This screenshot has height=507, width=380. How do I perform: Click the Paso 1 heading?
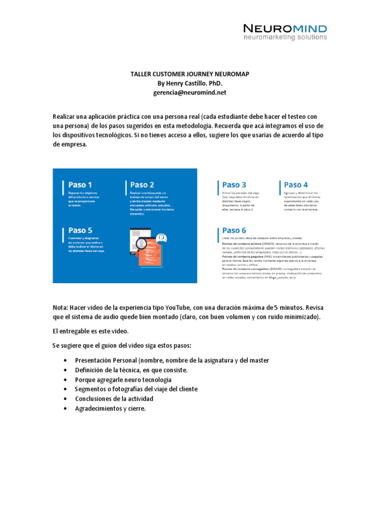(x=80, y=185)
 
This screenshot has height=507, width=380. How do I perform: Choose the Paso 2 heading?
(x=142, y=185)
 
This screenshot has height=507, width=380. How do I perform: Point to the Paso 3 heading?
(x=235, y=185)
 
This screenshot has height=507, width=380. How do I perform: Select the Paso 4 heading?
(x=296, y=185)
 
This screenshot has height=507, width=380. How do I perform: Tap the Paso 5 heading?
(x=80, y=230)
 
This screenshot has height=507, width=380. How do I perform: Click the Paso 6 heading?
(x=235, y=230)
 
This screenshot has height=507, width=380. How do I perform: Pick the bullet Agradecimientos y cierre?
(x=110, y=408)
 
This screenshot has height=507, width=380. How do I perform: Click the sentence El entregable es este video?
(x=90, y=331)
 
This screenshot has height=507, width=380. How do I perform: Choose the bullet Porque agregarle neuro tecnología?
(x=123, y=380)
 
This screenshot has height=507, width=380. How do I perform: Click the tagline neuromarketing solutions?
(x=285, y=37)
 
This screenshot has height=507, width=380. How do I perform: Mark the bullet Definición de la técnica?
(x=131, y=370)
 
